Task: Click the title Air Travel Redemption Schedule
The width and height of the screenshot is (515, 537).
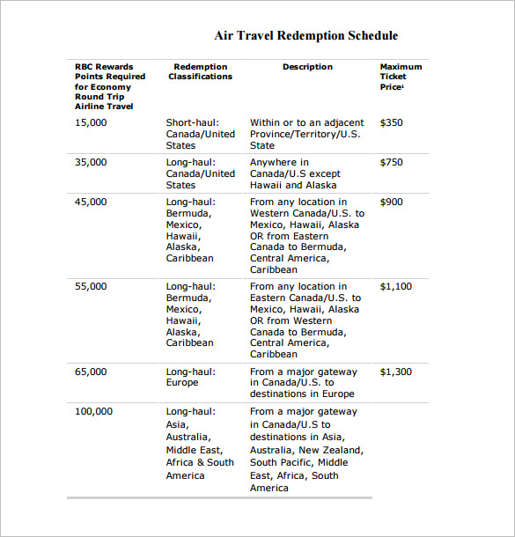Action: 305,36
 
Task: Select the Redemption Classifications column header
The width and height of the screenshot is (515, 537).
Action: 201,71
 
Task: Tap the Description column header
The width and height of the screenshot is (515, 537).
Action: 307,67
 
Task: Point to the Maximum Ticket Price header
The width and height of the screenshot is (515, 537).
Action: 400,77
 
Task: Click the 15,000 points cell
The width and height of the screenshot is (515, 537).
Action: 91,122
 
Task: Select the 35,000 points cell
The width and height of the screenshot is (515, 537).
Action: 91,162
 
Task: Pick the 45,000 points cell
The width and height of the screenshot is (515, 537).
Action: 91,202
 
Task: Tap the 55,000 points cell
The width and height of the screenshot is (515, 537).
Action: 91,286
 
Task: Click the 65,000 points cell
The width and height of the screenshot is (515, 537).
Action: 91,371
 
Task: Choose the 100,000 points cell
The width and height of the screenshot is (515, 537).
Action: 93,411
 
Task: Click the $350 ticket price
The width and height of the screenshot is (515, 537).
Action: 391,122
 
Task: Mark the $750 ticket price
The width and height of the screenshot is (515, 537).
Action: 391,162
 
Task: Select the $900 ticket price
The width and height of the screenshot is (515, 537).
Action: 391,202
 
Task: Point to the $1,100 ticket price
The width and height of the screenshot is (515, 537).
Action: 395,286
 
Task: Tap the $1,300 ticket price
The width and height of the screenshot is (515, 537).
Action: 395,371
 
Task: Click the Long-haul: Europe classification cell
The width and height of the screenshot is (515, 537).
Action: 189,377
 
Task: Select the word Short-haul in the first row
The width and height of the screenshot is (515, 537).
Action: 191,122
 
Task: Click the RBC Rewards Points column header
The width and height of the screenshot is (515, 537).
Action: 104,86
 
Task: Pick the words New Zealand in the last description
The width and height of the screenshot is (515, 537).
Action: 332,450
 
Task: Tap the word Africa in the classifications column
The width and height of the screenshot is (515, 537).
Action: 181,462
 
